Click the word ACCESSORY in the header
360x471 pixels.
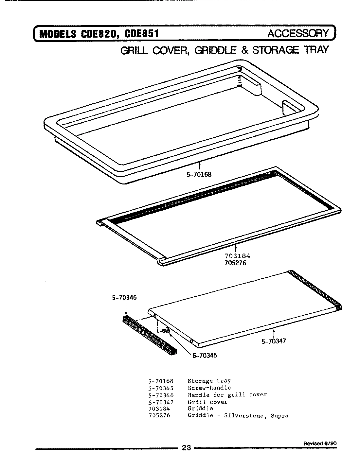[298, 33]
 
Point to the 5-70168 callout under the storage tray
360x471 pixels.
[197, 174]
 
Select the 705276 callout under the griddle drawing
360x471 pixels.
[238, 262]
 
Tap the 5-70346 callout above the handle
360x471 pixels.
[123, 298]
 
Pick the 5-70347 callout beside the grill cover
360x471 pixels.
[274, 341]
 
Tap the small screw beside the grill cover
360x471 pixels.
[165, 331]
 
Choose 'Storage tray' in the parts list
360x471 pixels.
[209, 381]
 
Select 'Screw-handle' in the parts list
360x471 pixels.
[209, 388]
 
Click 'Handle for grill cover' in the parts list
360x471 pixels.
[227, 395]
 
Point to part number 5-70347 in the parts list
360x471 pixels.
[160, 402]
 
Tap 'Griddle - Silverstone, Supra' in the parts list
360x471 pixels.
[238, 416]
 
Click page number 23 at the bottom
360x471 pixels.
[186, 448]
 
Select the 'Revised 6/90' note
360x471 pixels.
[320, 444]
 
